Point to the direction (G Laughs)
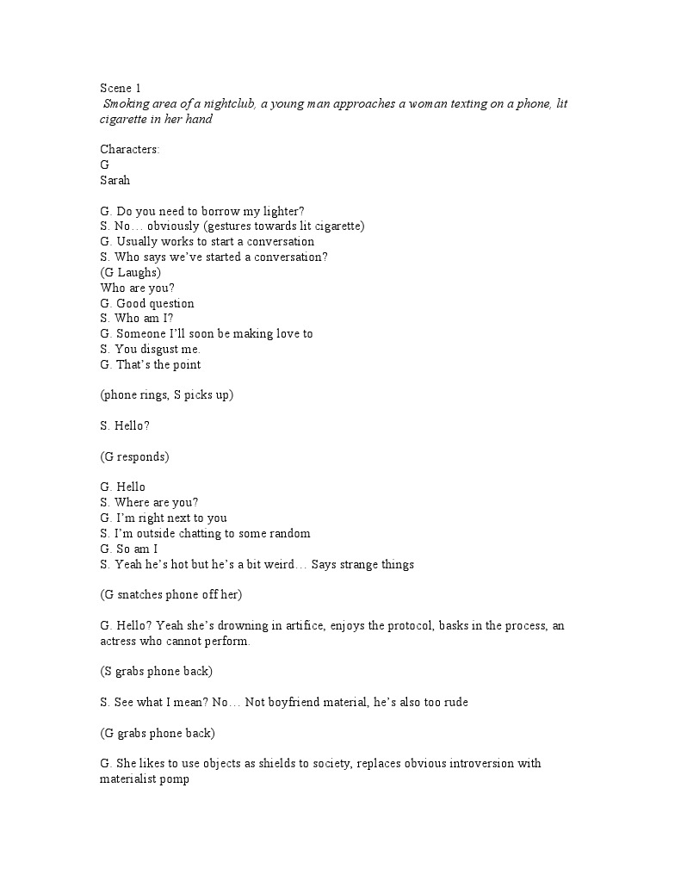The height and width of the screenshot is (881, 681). point(131,272)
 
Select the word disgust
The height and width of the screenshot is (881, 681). point(162,349)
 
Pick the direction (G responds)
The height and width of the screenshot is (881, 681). point(134,456)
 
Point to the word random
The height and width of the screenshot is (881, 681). point(290,533)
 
